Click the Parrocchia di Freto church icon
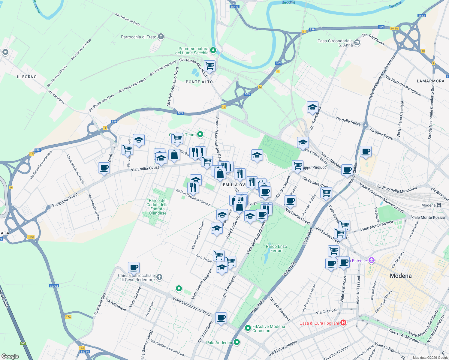click(x=161, y=37)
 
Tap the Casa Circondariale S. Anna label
click(x=335, y=43)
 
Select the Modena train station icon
click(x=439, y=205)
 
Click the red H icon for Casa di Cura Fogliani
click(x=343, y=323)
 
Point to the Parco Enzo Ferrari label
click(x=276, y=248)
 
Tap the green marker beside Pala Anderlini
click(x=237, y=342)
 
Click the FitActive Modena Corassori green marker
click(x=248, y=328)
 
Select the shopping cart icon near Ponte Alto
click(x=209, y=66)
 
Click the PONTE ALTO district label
click(x=199, y=82)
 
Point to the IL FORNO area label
click(x=27, y=77)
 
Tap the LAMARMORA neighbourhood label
click(x=430, y=81)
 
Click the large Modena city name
click(x=401, y=276)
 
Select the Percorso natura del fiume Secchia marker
click(x=213, y=50)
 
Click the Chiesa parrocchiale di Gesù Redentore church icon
click(x=160, y=277)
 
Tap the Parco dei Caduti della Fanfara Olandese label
click(x=158, y=207)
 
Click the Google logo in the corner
click(x=10, y=356)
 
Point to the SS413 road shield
click(x=234, y=7)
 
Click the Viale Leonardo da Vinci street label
click(x=192, y=306)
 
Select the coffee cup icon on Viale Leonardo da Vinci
click(x=221, y=318)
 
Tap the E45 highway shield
click(x=23, y=343)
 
